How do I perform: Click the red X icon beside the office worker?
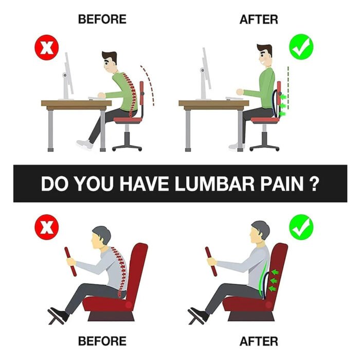click(x=47, y=47)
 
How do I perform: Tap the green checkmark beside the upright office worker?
click(x=301, y=47)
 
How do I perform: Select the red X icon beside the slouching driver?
click(x=47, y=227)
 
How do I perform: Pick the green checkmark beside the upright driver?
click(x=301, y=227)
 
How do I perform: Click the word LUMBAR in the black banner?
click(x=214, y=184)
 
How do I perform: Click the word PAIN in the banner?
click(x=281, y=184)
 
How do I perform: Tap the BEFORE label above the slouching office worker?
click(x=102, y=19)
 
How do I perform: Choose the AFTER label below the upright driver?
click(x=259, y=341)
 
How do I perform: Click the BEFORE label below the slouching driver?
click(x=102, y=341)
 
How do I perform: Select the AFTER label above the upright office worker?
click(x=259, y=20)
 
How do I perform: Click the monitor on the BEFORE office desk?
click(x=68, y=77)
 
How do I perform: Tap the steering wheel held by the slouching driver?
click(x=70, y=261)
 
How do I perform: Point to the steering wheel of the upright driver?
click(x=211, y=261)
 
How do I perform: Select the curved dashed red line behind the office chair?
click(x=148, y=84)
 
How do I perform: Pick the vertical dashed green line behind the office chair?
click(x=288, y=92)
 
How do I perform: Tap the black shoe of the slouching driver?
click(x=58, y=314)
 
